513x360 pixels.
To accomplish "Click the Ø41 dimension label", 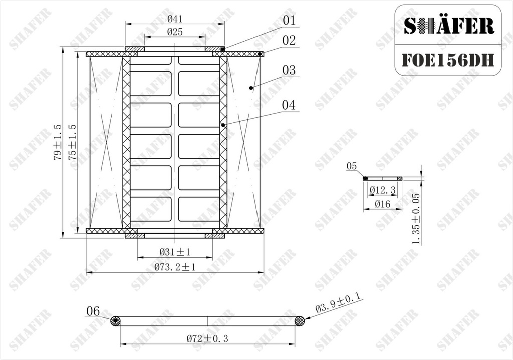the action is coord(175,19).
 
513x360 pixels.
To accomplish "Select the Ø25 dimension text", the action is coord(175,32).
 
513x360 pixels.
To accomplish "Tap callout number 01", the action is coord(289,20).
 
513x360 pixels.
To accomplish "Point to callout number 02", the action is coord(289,40).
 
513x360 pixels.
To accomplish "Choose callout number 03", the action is coord(289,70).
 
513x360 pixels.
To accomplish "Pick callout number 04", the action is coord(289,105).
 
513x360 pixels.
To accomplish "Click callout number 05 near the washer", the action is coord(352,166).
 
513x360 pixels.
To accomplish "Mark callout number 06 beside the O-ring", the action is coord(93,311).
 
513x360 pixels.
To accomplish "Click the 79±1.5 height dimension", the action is coord(58,142).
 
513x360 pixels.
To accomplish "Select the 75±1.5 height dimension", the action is coord(72,142).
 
